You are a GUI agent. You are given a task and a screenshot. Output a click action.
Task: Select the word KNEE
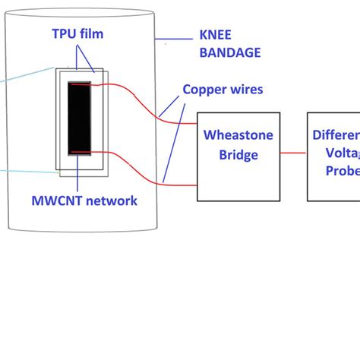coord(216,34)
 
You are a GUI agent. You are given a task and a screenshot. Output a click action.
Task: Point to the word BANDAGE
coord(229,53)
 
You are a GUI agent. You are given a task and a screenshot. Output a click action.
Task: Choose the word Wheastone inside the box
coord(238,135)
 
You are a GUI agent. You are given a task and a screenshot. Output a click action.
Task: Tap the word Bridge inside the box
coord(238,154)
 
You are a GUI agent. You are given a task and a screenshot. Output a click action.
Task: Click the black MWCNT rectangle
coord(79,118)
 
